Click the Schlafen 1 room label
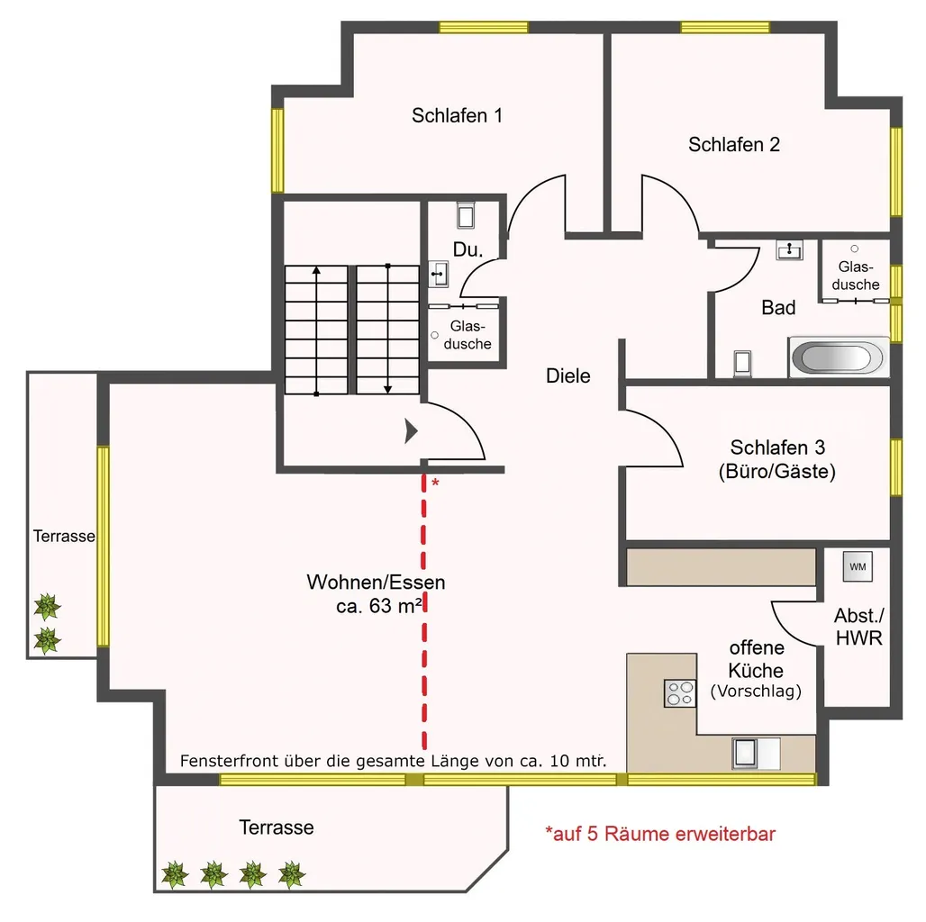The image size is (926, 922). (x=457, y=115)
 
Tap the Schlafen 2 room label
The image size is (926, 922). (x=734, y=145)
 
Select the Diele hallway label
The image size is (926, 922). (x=568, y=376)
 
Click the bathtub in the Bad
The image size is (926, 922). (x=839, y=357)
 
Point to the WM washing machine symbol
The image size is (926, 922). (x=858, y=566)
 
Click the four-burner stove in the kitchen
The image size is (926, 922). (x=680, y=693)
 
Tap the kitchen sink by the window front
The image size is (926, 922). (x=756, y=754)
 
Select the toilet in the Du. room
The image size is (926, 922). (x=466, y=215)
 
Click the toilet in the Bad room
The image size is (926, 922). (x=743, y=363)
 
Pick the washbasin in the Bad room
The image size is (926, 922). (x=790, y=250)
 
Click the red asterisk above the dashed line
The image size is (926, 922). (x=435, y=483)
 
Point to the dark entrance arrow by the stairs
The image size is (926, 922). (x=411, y=431)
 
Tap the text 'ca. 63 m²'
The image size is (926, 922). (x=379, y=606)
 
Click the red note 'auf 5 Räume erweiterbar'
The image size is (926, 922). (x=660, y=834)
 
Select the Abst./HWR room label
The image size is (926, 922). (x=858, y=627)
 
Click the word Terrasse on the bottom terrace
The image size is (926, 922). (x=277, y=827)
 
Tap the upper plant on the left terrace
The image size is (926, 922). (x=47, y=607)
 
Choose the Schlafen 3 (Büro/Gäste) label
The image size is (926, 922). (x=777, y=459)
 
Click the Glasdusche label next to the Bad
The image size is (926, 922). (x=856, y=276)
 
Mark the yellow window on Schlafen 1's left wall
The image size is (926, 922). (x=277, y=150)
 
